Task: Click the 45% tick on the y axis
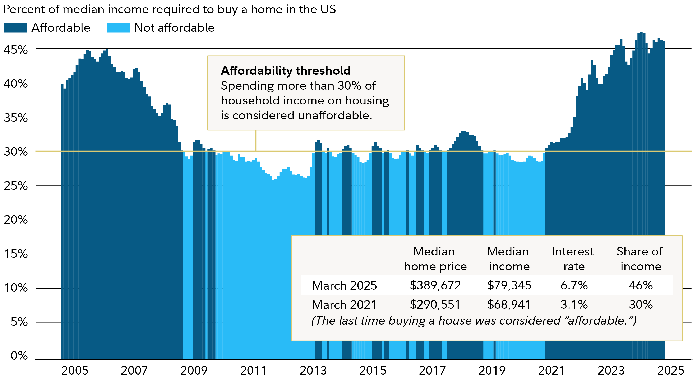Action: coord(16,50)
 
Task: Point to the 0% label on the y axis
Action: coord(19,355)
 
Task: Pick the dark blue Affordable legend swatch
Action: coord(15,28)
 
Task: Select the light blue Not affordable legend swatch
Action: coord(119,28)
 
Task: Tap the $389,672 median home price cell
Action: coord(435,285)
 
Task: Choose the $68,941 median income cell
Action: coord(509,304)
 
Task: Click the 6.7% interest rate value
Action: coord(574,285)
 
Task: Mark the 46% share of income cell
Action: coord(641,285)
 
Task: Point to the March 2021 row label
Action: coord(344,305)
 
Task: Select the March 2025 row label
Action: coord(344,285)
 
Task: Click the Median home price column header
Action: coord(435,259)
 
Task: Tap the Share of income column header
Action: coord(640,259)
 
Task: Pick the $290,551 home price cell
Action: coord(435,304)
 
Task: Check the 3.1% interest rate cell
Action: coord(574,304)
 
